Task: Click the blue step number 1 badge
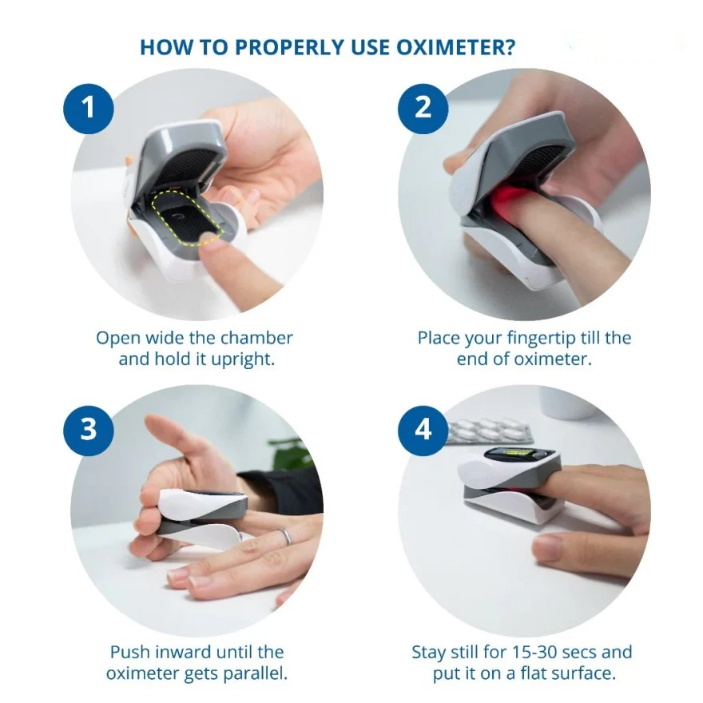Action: (x=89, y=109)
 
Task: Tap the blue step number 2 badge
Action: (x=423, y=109)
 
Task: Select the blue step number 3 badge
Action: (x=89, y=431)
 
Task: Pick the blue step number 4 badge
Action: (x=423, y=431)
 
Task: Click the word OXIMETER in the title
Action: (x=456, y=47)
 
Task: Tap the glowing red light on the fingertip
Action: (x=511, y=200)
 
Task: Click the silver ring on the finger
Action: (x=286, y=536)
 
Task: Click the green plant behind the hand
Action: (x=291, y=454)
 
